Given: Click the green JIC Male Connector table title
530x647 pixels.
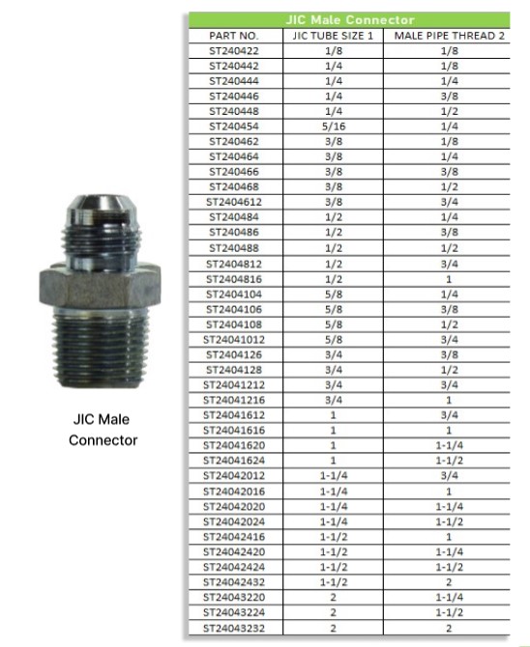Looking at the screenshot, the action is [x=350, y=20].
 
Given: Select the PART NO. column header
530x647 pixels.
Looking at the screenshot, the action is [x=234, y=36].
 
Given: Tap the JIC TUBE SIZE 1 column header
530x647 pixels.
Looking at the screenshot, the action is [x=333, y=36].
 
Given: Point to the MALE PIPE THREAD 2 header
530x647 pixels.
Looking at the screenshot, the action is [x=450, y=36].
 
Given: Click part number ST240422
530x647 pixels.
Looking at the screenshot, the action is [x=234, y=51].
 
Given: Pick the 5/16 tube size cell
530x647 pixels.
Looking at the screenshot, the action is [x=334, y=127].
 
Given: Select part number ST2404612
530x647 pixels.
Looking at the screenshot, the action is [x=234, y=202].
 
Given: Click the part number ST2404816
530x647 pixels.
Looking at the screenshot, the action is [x=234, y=279].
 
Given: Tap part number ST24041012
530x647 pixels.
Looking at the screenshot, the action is [x=234, y=340].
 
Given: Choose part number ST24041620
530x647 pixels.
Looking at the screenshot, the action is [x=234, y=445].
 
